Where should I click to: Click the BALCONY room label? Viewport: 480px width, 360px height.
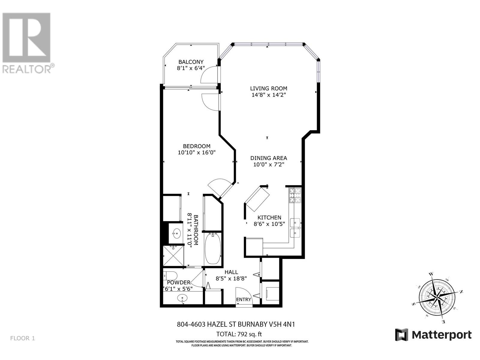coord(191,62)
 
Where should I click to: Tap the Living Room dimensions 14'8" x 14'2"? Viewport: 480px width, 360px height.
coord(268,95)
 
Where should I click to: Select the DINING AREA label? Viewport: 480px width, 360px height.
coord(268,158)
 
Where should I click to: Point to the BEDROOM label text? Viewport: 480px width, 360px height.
coord(196,146)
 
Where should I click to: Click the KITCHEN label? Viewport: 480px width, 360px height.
coord(269,217)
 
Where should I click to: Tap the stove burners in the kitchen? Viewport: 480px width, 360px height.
coord(295,195)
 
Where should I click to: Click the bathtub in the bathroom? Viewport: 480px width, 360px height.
coord(212,249)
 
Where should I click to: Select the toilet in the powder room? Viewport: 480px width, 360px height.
coord(170,275)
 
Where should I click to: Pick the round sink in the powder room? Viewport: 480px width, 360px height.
coord(182,298)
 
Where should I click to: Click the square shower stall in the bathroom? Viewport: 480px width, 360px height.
coord(173,256)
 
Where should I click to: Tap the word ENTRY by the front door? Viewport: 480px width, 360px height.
coord(243,299)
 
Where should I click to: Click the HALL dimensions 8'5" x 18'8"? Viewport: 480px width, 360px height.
coord(231,278)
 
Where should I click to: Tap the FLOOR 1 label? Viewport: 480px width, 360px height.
coord(22,338)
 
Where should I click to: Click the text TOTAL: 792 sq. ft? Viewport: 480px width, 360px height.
coord(239,334)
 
